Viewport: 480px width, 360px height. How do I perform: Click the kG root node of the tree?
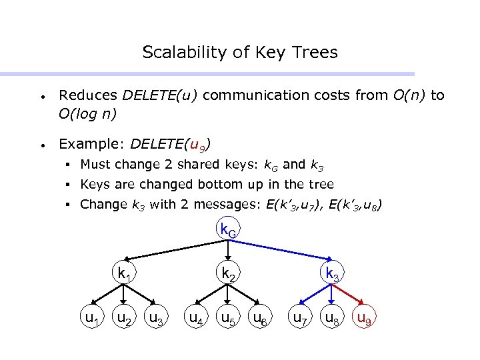coord(229,231)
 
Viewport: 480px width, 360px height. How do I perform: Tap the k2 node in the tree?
coord(229,273)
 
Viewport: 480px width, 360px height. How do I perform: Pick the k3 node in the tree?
coord(332,273)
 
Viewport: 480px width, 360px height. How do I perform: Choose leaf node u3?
coord(157,319)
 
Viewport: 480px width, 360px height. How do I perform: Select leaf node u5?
coord(229,319)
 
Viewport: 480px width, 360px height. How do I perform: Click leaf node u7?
coord(301,319)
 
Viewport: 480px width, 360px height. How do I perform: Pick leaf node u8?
coord(332,319)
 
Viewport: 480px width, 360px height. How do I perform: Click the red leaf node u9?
coord(364,319)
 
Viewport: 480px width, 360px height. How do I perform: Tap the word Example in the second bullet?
coord(82,143)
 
